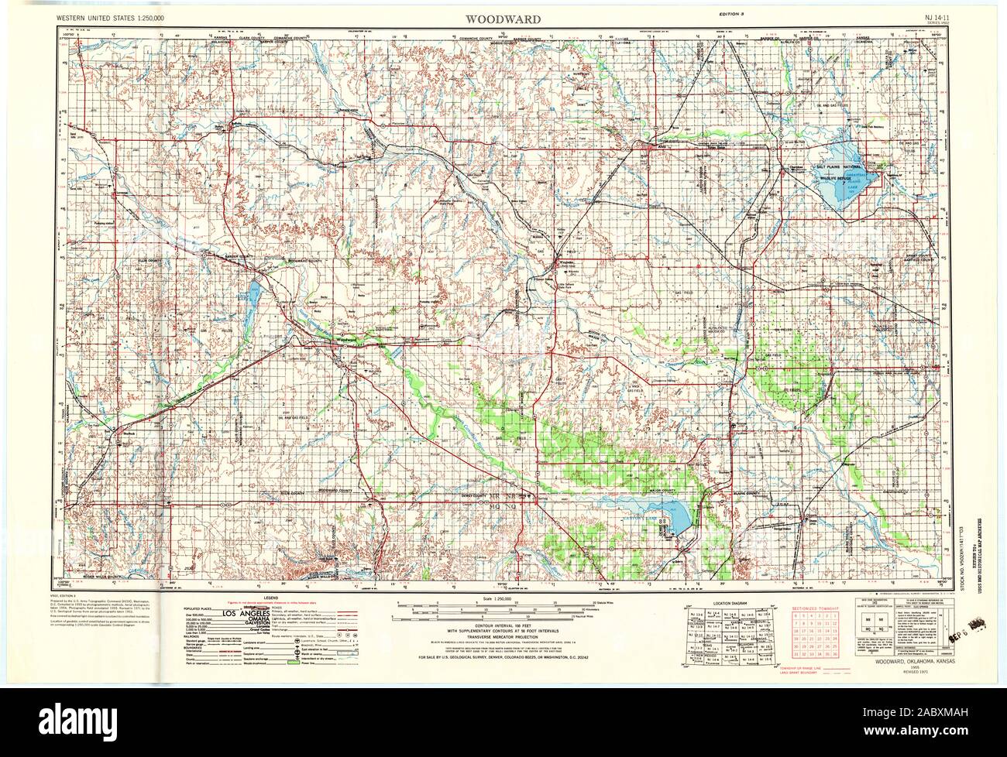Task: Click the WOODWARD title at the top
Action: pyautogui.click(x=503, y=18)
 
